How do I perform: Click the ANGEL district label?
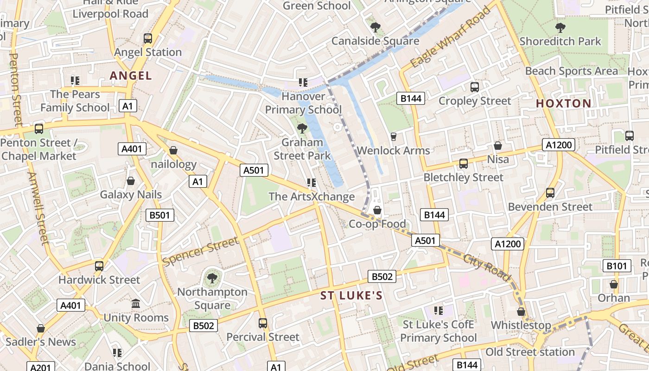pos(131,76)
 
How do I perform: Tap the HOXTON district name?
pos(563,103)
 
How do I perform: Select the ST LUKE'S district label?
pos(351,296)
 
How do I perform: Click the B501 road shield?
pos(160,215)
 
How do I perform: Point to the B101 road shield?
pos(617,266)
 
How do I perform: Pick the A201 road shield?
pos(40,367)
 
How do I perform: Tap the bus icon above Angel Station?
pos(148,38)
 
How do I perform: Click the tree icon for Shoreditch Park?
pos(560,28)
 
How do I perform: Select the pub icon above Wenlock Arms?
pos(394,136)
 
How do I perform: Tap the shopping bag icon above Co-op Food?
pos(377,211)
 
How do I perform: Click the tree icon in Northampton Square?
pos(212,278)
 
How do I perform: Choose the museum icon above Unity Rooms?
pos(136,304)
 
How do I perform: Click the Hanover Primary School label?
pos(303,103)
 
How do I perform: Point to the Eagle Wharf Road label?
pos(451,37)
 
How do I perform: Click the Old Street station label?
pos(530,352)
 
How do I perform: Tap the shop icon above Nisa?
pos(498,146)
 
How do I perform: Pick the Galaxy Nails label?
pos(131,194)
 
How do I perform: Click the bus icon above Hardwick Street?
pos(99,266)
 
